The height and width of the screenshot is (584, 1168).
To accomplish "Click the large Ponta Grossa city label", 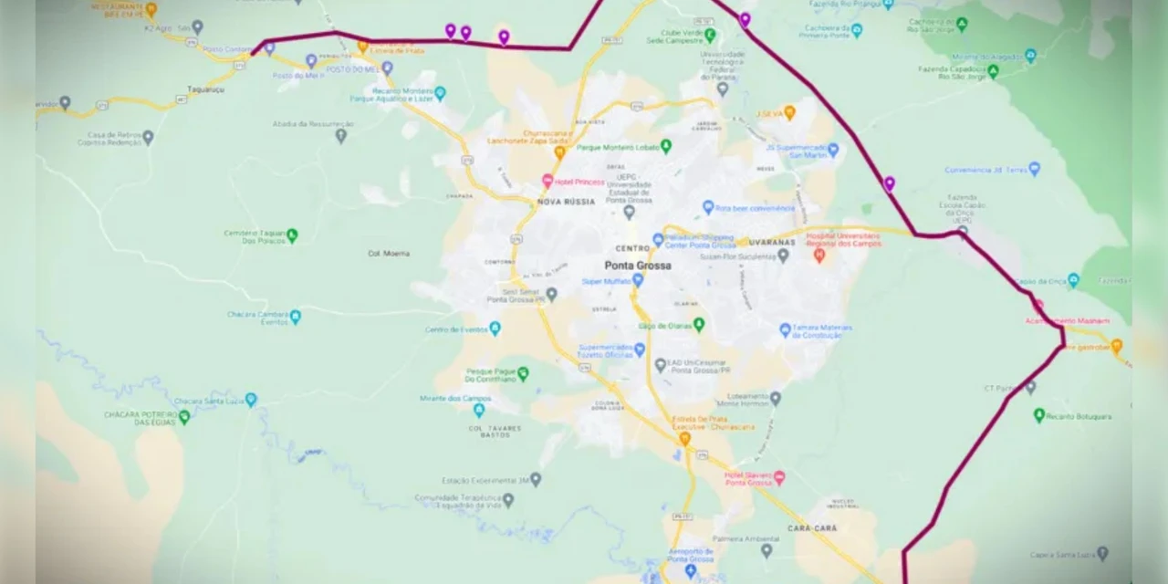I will coord(638,266).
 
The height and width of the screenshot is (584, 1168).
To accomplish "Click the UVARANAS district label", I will coord(771,243).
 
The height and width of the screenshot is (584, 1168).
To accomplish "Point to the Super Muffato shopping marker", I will coord(638,280).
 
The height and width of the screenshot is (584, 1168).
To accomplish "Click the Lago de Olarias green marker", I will coord(699,324).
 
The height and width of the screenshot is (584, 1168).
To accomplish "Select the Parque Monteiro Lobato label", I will coord(618,146).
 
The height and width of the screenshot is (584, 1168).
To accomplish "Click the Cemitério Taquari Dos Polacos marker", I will coord(292,235).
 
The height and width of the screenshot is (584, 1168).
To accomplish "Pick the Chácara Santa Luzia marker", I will coord(251,400).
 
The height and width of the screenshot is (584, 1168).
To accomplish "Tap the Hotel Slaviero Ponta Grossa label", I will coord(748,478).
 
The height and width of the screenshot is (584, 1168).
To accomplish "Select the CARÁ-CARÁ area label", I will coord(812,528).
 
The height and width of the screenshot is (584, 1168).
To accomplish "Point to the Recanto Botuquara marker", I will coord(1038,415).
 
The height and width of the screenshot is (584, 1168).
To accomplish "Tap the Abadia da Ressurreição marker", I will coord(340,136).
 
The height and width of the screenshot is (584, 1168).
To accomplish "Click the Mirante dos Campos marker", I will coord(479,410).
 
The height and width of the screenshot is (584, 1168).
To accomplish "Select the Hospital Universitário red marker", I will coord(819,255).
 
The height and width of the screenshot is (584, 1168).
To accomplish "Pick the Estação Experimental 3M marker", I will coord(536,479).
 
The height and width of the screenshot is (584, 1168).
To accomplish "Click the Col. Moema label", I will coord(388,254).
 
